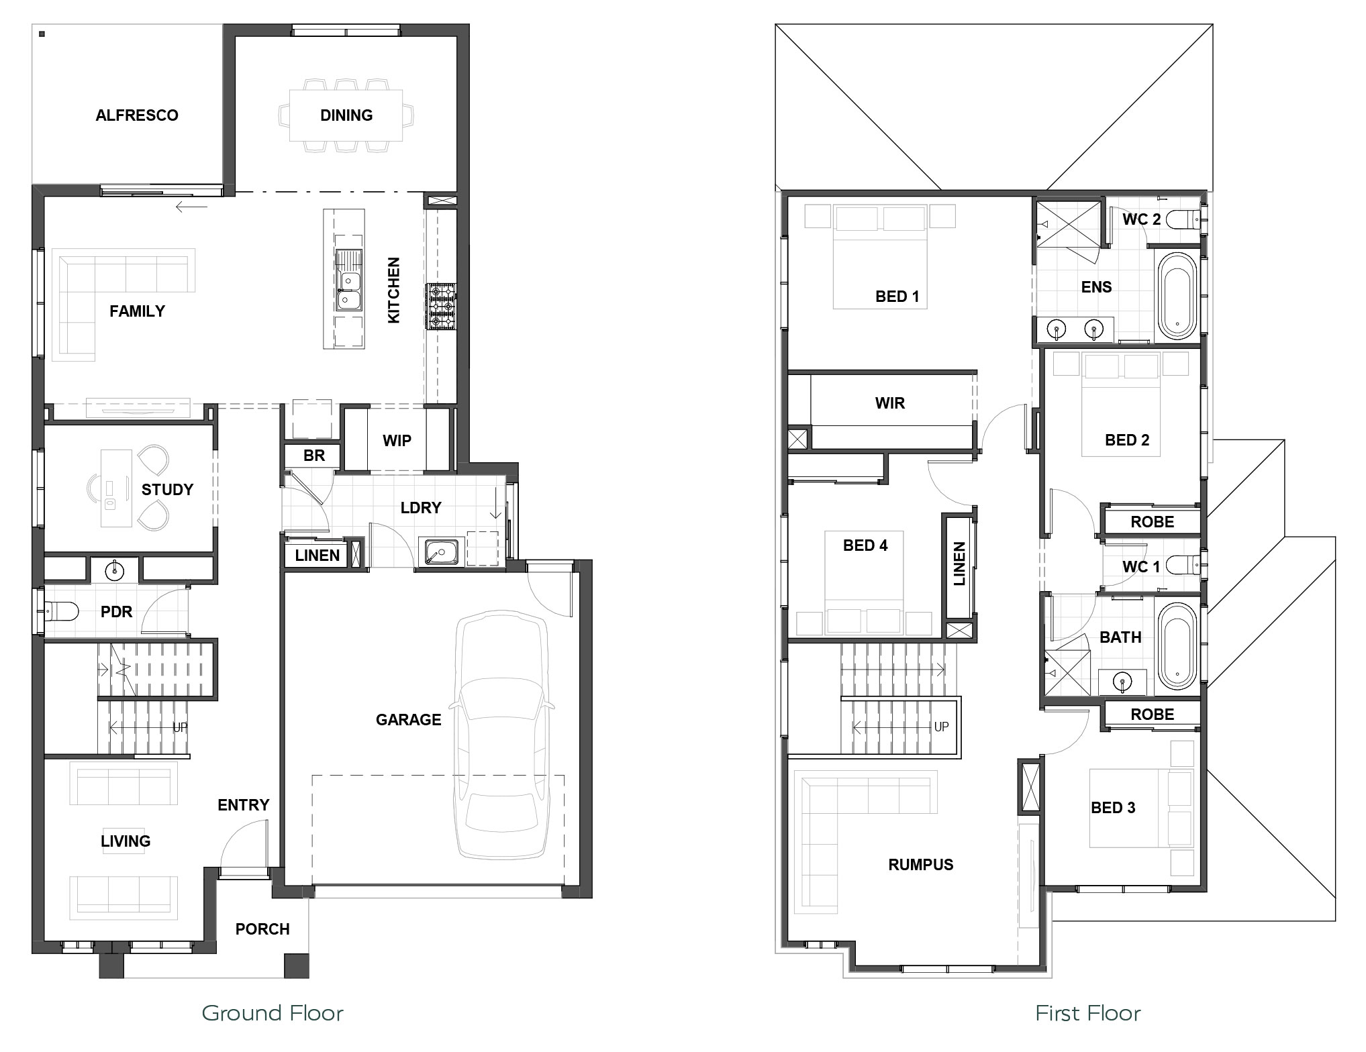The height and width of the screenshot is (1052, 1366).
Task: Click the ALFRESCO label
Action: point(137,115)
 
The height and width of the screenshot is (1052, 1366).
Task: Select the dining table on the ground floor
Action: point(346,115)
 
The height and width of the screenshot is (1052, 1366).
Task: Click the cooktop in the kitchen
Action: point(441,307)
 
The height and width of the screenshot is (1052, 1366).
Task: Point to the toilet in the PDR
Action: point(61,611)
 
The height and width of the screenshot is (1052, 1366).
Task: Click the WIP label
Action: point(397,441)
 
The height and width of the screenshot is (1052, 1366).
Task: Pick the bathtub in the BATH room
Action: point(1177,646)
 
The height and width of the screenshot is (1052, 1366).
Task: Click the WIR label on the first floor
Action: point(890,403)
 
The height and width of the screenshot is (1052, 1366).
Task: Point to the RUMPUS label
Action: point(921,865)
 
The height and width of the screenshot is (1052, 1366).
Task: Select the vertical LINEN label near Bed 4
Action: point(959,564)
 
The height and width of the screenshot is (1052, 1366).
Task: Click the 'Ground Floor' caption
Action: point(273,1013)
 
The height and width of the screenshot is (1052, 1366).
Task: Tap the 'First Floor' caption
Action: point(1088,1013)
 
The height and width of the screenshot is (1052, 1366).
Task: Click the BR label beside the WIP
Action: point(314,456)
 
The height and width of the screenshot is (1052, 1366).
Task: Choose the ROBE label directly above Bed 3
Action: point(1153,715)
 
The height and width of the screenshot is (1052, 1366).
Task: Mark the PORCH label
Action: point(262,929)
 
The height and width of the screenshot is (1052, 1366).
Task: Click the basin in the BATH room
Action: point(1122,682)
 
